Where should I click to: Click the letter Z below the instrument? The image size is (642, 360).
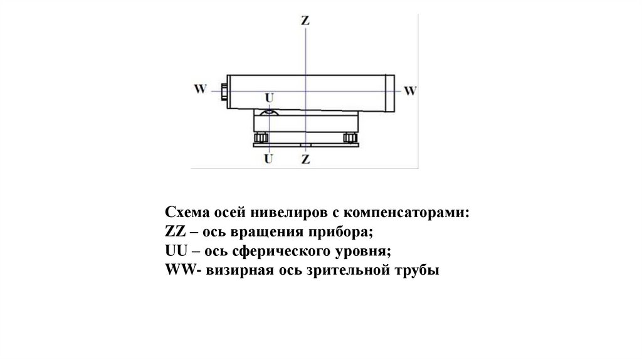(305, 159)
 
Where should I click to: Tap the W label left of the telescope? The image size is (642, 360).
(200, 89)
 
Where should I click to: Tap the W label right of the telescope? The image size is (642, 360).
(410, 90)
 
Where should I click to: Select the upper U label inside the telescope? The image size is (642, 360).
(270, 98)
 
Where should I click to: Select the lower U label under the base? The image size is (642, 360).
(269, 159)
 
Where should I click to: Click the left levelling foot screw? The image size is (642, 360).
(261, 137)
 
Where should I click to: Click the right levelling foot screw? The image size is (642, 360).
(350, 137)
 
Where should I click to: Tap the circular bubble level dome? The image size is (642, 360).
(270, 111)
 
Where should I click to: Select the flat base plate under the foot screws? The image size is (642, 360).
(305, 145)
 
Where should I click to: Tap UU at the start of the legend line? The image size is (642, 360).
(174, 251)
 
